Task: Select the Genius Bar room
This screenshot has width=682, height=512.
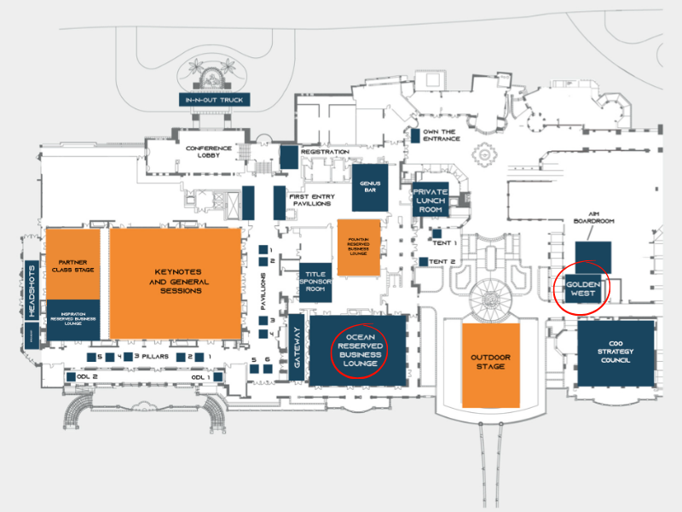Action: (x=370, y=187)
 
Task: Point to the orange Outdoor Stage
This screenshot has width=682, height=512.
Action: (x=491, y=364)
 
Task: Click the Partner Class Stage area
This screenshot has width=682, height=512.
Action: (x=72, y=265)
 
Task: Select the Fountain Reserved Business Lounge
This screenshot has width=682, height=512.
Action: (x=358, y=247)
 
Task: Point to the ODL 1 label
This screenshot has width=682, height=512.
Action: (x=200, y=376)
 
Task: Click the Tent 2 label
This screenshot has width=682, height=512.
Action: (x=442, y=261)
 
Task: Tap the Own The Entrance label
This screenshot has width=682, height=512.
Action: (x=441, y=135)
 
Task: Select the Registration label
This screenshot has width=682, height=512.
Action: (x=324, y=152)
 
